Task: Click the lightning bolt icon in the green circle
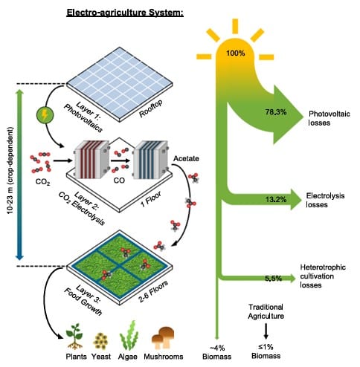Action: [45, 115]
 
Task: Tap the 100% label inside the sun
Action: [235, 53]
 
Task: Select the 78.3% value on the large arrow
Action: [276, 112]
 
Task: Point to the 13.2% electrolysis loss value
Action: [276, 199]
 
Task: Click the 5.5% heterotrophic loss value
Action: [274, 279]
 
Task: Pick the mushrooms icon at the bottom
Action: [163, 337]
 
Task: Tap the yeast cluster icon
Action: [100, 341]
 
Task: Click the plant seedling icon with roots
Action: [74, 337]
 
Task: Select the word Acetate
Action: [186, 158]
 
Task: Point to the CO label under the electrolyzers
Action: [119, 181]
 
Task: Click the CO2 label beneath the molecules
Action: [42, 182]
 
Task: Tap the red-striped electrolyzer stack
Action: [91, 160]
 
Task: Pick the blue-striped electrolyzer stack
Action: [151, 160]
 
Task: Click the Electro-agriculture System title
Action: [125, 13]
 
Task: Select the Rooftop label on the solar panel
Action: [151, 108]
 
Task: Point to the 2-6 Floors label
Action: [153, 291]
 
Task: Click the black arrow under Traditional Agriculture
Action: [266, 331]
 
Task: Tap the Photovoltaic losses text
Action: [329, 118]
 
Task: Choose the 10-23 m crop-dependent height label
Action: [10, 171]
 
